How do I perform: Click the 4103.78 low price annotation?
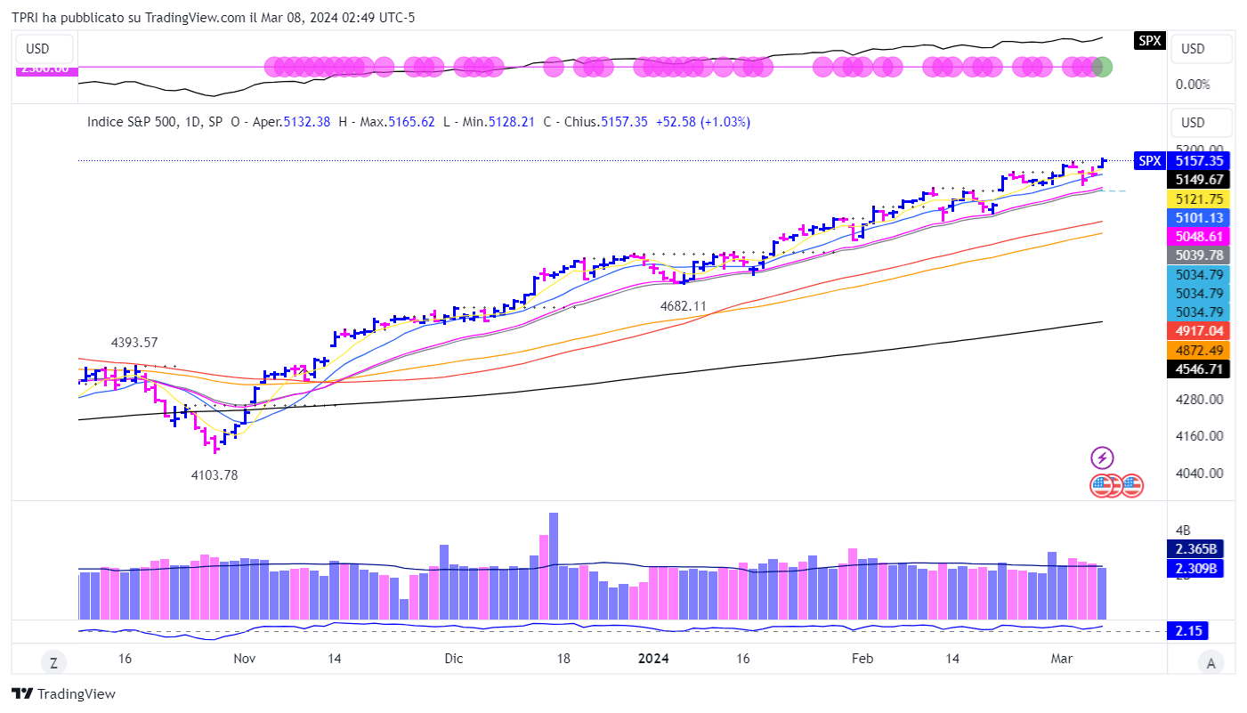(215, 475)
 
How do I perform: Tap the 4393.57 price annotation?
(134, 343)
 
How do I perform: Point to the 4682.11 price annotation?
(683, 306)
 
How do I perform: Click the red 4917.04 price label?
(1199, 330)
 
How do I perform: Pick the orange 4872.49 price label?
(1199, 350)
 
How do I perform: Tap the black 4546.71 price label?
(1199, 369)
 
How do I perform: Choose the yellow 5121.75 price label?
(1199, 199)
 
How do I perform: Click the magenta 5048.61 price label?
(1199, 236)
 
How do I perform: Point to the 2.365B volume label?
(1199, 549)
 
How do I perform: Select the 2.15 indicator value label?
(1189, 631)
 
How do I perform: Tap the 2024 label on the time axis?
(653, 659)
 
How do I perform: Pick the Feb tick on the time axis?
(862, 659)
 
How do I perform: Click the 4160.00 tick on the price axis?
(1198, 436)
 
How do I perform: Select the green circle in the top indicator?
(1103, 67)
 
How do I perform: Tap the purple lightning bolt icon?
(1103, 458)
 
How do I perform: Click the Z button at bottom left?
(53, 662)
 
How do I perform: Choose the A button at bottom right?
(1209, 662)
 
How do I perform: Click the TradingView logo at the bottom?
(64, 694)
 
